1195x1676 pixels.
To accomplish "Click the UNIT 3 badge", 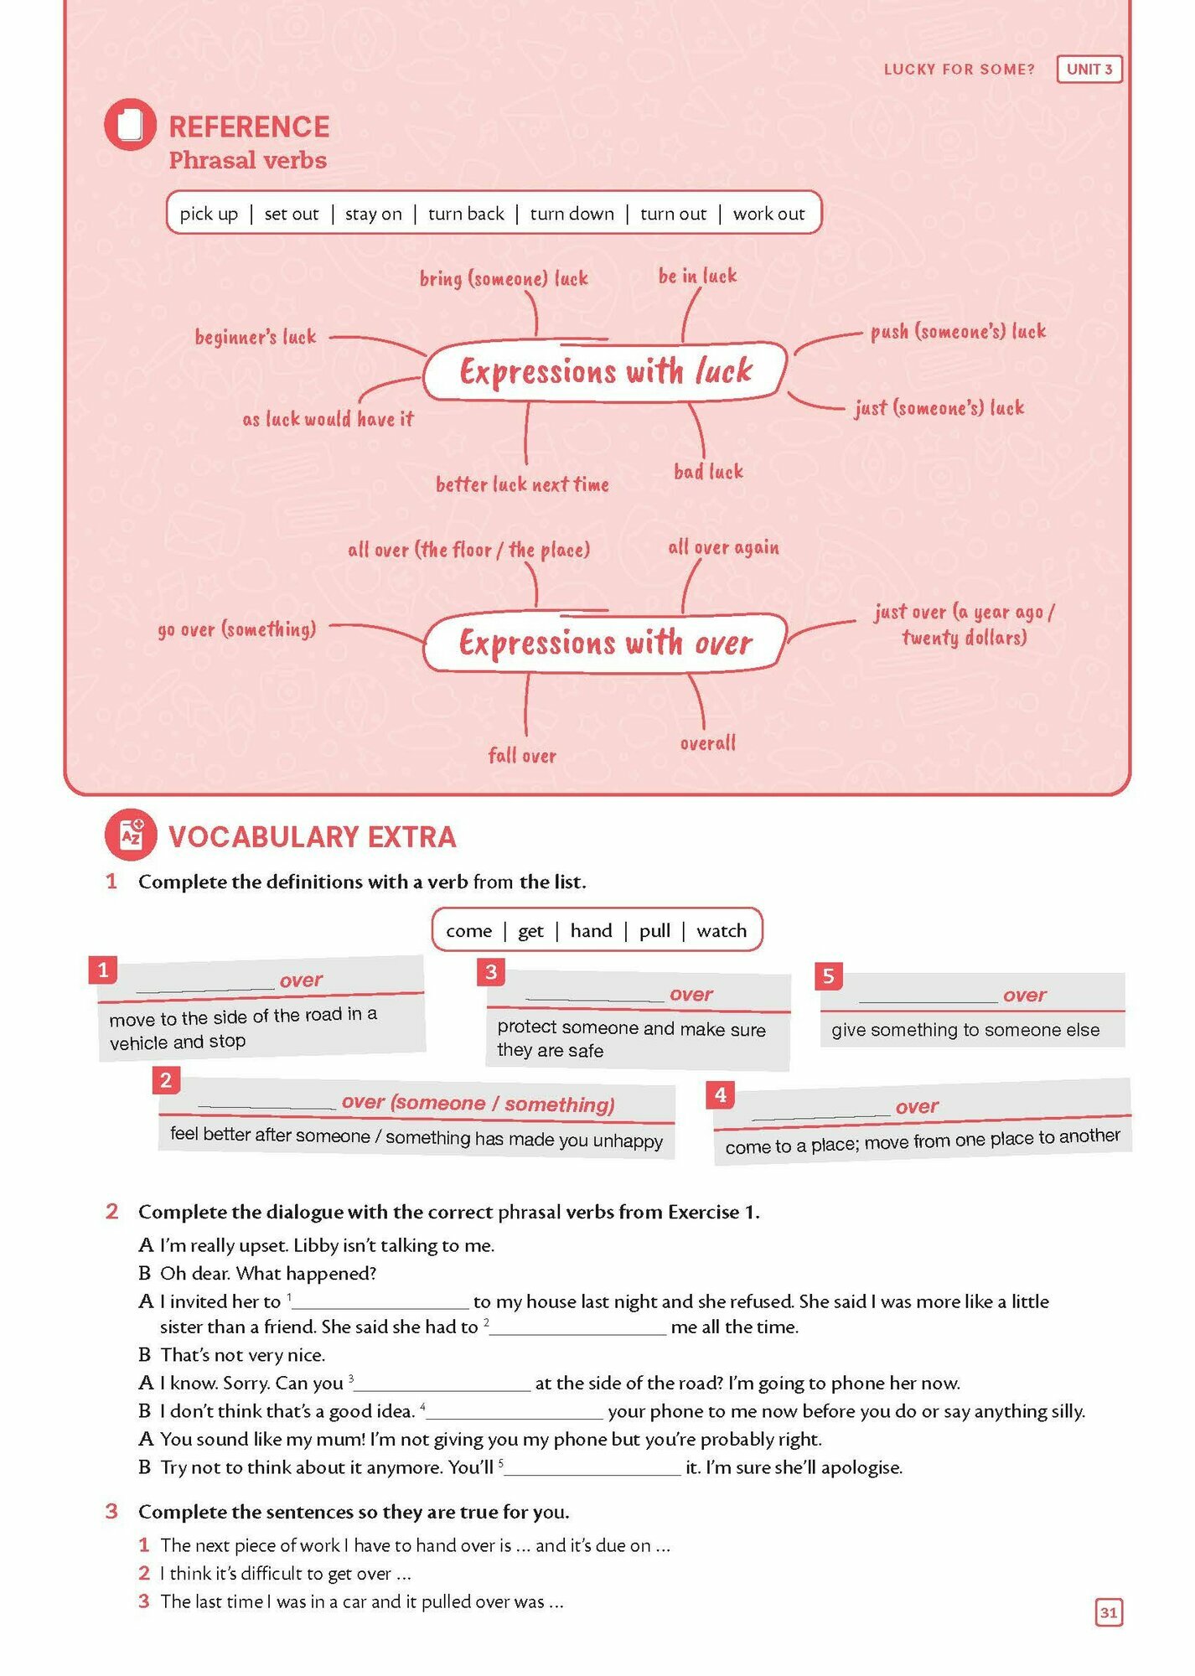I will click(x=1089, y=69).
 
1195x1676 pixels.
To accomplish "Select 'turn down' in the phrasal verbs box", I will click(x=572, y=214).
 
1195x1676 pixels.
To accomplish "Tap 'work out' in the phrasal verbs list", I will click(x=768, y=214).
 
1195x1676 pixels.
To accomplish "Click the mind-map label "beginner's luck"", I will click(x=256, y=337).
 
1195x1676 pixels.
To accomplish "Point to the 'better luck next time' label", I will click(x=522, y=484).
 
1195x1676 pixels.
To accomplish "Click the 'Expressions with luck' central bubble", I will click(x=605, y=371).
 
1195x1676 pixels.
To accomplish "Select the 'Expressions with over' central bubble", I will click(x=605, y=643).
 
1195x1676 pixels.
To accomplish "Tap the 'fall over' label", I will click(x=522, y=756).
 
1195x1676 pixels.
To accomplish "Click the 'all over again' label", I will click(x=723, y=547).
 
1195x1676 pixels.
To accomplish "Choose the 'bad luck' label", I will click(x=708, y=472).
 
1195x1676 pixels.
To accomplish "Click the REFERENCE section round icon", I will click(x=130, y=125).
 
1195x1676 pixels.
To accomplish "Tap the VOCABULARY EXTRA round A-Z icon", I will click(x=130, y=835).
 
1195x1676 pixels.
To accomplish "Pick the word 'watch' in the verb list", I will click(x=721, y=930).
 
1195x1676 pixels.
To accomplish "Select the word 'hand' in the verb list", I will click(x=591, y=930).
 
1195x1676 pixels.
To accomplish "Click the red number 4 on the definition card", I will click(x=720, y=1094).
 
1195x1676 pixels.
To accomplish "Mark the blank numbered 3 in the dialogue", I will click(x=443, y=1384).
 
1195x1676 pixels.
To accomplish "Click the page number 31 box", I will click(x=1108, y=1612).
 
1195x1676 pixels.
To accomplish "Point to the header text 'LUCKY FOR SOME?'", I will click(x=959, y=70).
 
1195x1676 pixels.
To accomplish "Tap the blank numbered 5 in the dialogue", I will click(x=593, y=1468).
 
